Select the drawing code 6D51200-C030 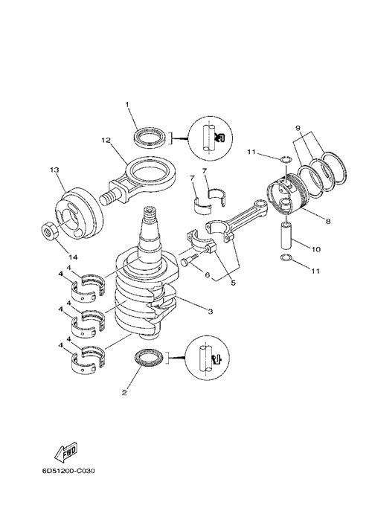click(68, 472)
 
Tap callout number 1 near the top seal click(127, 104)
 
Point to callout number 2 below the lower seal click(124, 393)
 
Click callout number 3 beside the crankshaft click(210, 311)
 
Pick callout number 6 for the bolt click(207, 274)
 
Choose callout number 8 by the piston click(328, 221)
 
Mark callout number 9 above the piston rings click(298, 127)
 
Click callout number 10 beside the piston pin click(316, 249)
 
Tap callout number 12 click(106, 141)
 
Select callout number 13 click(54, 170)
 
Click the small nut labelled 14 click(51, 232)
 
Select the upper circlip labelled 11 click(286, 160)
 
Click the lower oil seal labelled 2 click(149, 358)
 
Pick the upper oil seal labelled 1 click(151, 137)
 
